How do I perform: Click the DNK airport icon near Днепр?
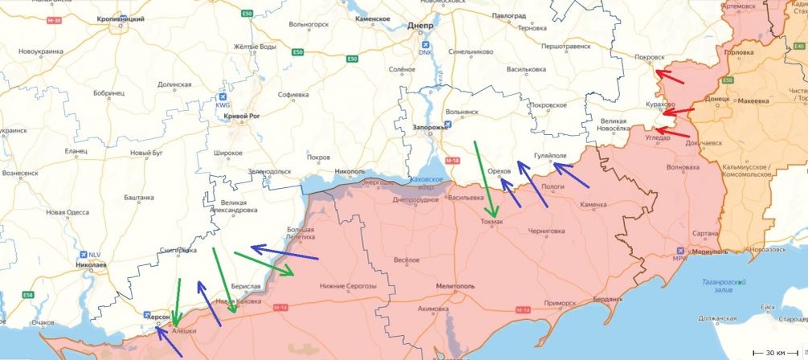coord(425,45)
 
